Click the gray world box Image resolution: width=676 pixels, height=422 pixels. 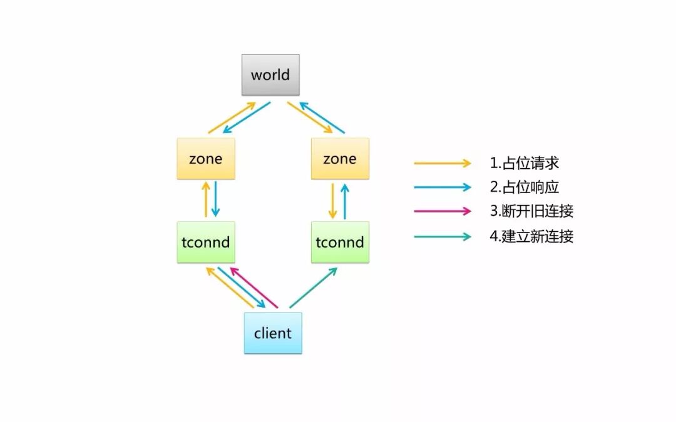point(270,75)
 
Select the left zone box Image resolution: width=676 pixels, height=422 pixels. point(206,159)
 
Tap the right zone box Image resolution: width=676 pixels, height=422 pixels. point(340,159)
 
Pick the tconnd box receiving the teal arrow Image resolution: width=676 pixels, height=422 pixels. point(340,242)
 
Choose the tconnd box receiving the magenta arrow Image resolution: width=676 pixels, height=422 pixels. point(206,242)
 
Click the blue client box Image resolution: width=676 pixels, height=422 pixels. point(273,333)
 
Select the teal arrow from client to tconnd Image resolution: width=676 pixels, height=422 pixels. point(313,288)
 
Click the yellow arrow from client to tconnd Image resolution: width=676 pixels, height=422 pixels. point(230,288)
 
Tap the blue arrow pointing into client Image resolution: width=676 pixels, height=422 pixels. point(242,288)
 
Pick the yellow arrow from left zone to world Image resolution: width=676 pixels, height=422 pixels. point(232,118)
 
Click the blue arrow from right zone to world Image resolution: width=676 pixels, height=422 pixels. point(322,118)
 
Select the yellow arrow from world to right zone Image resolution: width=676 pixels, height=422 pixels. point(310,118)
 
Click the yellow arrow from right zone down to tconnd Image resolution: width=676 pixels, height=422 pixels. point(332,201)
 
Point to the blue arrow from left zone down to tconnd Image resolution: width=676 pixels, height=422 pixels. point(215,199)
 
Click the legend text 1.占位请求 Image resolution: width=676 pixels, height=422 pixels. point(524,163)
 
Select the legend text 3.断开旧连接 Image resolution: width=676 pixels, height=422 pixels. point(531,211)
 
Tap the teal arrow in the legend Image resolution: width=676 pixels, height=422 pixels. point(442,236)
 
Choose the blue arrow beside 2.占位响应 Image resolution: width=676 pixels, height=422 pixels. point(442,187)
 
